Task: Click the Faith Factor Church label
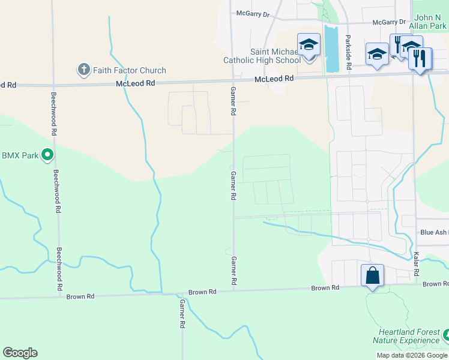coord(129,70)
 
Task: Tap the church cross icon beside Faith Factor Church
coord(83,70)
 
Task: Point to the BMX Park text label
coord(20,155)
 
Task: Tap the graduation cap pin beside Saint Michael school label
coord(309,46)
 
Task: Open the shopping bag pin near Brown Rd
coord(372,276)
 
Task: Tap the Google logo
coord(20,353)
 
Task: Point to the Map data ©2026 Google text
coord(412,355)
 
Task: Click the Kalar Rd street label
coord(415,265)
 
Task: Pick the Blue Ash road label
coord(434,232)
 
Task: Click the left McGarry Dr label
coord(253,14)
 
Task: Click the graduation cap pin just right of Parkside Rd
coord(376,56)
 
